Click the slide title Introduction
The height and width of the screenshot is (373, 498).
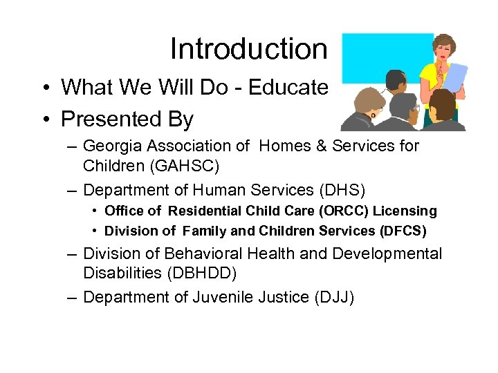(x=248, y=49)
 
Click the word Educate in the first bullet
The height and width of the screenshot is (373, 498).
(x=288, y=87)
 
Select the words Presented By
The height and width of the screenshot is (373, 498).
(x=127, y=119)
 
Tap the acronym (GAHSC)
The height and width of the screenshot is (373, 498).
(x=194, y=166)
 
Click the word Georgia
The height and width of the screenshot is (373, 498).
(x=113, y=146)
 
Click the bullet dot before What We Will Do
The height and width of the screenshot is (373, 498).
(x=44, y=88)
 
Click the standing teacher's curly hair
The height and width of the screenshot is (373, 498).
(x=444, y=41)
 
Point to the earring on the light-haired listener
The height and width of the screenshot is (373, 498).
(x=373, y=116)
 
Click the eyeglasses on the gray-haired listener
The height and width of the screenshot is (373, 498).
(x=416, y=107)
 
